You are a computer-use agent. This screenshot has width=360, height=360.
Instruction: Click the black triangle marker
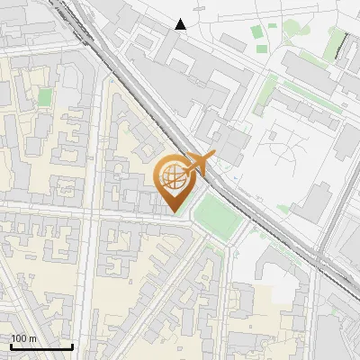[x=181, y=24]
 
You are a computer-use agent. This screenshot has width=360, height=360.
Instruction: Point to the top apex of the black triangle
[x=181, y=19]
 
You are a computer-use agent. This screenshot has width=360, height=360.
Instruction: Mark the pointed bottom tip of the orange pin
[x=175, y=212]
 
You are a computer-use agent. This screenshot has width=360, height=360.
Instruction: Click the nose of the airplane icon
[x=214, y=157]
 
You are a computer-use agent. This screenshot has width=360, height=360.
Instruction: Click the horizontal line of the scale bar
[x=41, y=346]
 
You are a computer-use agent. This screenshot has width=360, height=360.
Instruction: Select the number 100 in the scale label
[x=20, y=338]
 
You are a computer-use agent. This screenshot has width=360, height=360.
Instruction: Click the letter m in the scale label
[x=33, y=338]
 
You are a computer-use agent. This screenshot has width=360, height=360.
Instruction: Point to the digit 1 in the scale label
[x=14, y=338]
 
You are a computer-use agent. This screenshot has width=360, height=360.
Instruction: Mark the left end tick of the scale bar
[x=11, y=345]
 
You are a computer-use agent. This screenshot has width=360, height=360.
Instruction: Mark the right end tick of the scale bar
[x=72, y=345]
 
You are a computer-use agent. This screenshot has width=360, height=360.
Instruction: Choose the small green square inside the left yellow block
[x=45, y=96]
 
